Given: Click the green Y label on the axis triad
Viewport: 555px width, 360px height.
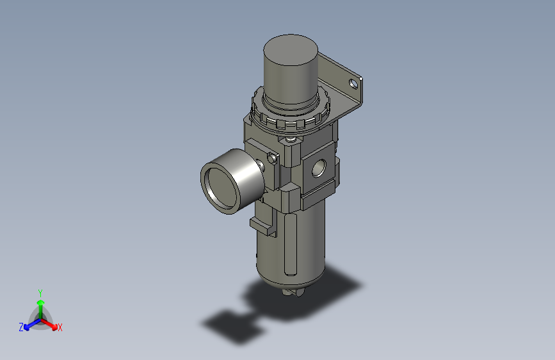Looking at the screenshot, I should pyautogui.click(x=40, y=292).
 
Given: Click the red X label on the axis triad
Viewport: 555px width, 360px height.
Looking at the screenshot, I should pyautogui.click(x=60, y=327).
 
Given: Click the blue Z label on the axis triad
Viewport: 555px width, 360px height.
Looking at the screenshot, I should pyautogui.click(x=21, y=327).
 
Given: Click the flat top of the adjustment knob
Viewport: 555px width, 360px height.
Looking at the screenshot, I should pyautogui.click(x=291, y=49).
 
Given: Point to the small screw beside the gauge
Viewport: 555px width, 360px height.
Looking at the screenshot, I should pyautogui.click(x=273, y=156).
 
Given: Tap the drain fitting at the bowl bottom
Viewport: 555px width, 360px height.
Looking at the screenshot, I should pyautogui.click(x=291, y=291).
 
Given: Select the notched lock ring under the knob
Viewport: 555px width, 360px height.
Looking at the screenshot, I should pyautogui.click(x=294, y=119).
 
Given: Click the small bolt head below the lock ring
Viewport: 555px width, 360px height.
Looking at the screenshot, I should pyautogui.click(x=292, y=139).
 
